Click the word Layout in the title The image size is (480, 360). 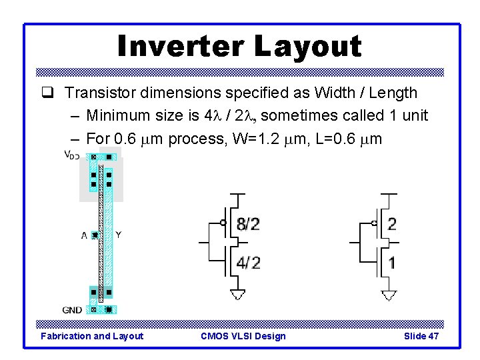(307, 47)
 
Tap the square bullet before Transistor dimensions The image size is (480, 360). (54, 93)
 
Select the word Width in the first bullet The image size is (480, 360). (337, 93)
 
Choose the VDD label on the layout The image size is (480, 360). (71, 155)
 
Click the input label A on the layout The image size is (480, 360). (84, 235)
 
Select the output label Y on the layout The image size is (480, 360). (118, 235)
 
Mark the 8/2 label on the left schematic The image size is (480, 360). (248, 224)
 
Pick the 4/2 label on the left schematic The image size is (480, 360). (248, 263)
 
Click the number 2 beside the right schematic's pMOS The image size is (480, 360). (391, 224)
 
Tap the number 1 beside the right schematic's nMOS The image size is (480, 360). (391, 263)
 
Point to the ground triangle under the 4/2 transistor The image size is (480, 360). (237, 295)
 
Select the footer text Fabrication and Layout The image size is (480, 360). (92, 336)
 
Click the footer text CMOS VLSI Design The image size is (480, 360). (243, 336)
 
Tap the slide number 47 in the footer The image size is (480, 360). (433, 336)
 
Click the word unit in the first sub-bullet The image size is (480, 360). (413, 116)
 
